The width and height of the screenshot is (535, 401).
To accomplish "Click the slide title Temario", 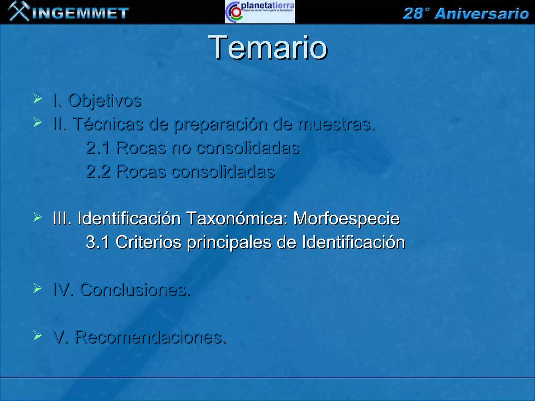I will tap(267, 48).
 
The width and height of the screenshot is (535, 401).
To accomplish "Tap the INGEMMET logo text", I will tap(80, 13).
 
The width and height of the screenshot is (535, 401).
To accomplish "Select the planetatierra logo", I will tap(260, 12).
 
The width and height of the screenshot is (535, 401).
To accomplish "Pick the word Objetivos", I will tap(105, 100).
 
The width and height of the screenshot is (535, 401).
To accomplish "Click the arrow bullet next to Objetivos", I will tap(38, 99).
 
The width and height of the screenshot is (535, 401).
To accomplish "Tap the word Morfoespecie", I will tap(346, 219).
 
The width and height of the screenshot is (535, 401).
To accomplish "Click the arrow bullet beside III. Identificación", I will tap(38, 217).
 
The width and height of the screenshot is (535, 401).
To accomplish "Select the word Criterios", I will tap(148, 242).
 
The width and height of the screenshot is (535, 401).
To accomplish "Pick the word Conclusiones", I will tap(135, 290).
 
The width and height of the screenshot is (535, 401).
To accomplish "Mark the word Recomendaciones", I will tap(150, 337).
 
